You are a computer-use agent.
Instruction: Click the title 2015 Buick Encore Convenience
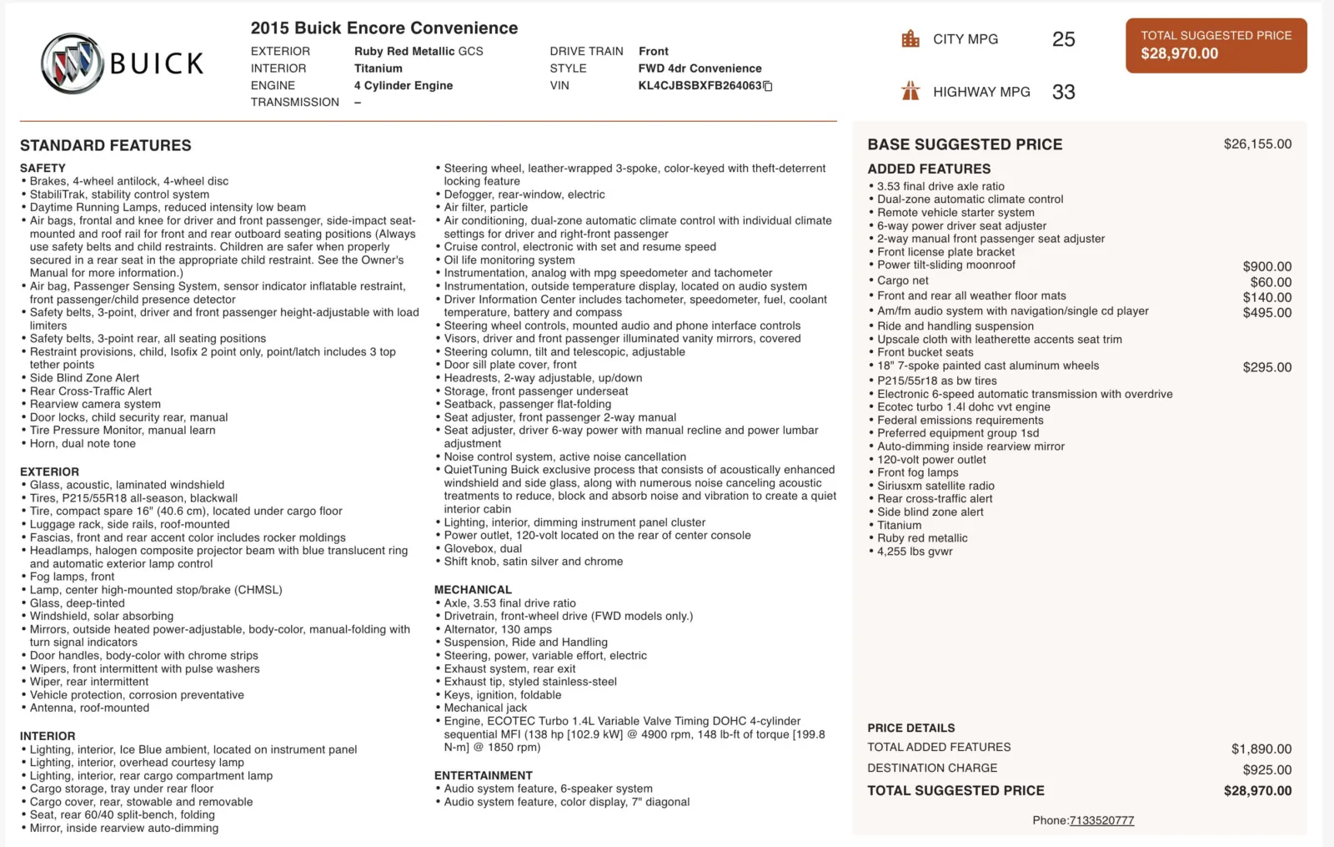(384, 28)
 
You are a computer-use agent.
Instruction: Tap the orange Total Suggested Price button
(1216, 46)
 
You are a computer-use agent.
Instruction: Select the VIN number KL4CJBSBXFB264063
(700, 86)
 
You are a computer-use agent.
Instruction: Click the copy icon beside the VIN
(768, 86)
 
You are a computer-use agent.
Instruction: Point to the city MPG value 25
(1063, 39)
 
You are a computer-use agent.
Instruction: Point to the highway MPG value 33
(1063, 92)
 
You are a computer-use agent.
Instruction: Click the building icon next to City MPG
(910, 39)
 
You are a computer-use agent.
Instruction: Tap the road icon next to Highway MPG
(910, 91)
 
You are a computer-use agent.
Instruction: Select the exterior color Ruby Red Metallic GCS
(419, 52)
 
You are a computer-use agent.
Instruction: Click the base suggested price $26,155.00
(1257, 144)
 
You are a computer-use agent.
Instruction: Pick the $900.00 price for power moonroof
(1266, 267)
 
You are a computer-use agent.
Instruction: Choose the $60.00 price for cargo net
(1271, 283)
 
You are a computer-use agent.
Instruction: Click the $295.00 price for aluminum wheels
(1266, 367)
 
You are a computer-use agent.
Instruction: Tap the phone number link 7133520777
(1101, 820)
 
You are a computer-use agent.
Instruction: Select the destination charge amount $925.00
(1266, 770)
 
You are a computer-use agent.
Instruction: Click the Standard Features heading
(106, 146)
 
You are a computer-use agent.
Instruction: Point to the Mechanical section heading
(473, 590)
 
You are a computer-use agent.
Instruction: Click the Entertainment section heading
(483, 775)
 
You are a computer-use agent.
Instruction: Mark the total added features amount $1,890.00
(1261, 749)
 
